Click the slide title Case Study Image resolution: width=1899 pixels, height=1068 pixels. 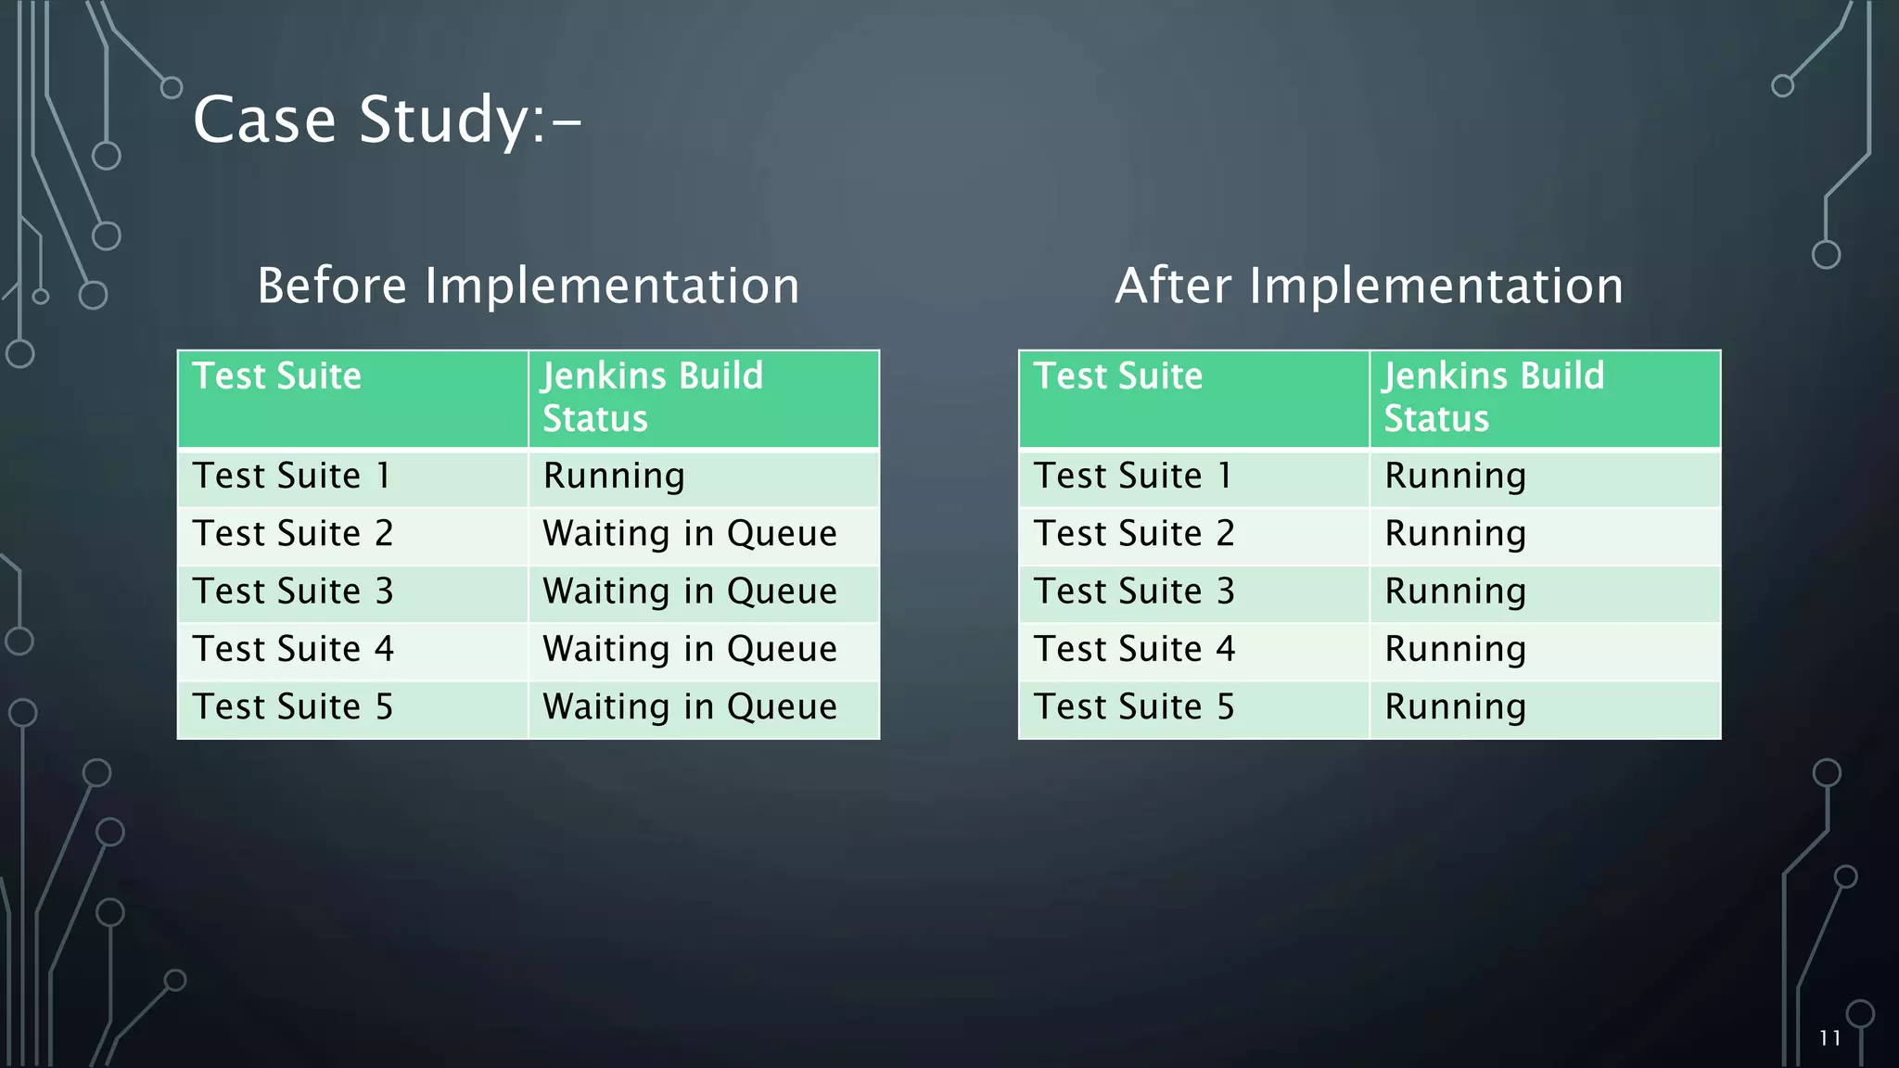(x=387, y=121)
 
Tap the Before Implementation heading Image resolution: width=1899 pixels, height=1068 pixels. (x=528, y=286)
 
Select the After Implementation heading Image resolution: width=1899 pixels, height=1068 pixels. (x=1369, y=286)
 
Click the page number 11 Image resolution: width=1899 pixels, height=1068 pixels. (x=1829, y=1038)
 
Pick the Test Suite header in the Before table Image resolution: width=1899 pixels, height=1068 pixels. (x=276, y=376)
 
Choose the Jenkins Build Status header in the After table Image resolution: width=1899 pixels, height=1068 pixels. (x=1493, y=397)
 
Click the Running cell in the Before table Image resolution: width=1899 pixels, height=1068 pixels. (x=614, y=477)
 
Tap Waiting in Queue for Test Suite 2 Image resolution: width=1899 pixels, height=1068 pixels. (x=689, y=534)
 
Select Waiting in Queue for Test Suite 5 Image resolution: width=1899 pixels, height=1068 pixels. (x=689, y=707)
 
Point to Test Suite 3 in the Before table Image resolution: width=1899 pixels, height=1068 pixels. (x=293, y=591)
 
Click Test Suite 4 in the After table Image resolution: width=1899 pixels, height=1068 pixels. (x=1134, y=649)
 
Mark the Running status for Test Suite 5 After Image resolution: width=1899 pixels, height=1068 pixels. (x=1455, y=707)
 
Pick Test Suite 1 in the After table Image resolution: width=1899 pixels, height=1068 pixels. (x=1132, y=477)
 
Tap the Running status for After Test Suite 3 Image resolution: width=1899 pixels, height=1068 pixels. (x=1455, y=591)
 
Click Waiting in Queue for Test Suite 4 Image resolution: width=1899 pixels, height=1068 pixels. (x=689, y=649)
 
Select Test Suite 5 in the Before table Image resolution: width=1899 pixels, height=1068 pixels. (x=293, y=707)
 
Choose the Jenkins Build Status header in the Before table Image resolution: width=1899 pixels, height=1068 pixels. (x=652, y=397)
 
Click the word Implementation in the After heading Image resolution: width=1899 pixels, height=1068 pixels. (x=1436, y=286)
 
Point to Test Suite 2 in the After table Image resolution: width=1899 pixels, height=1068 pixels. (x=1134, y=534)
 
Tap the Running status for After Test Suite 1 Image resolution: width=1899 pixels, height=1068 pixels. (x=1455, y=477)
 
